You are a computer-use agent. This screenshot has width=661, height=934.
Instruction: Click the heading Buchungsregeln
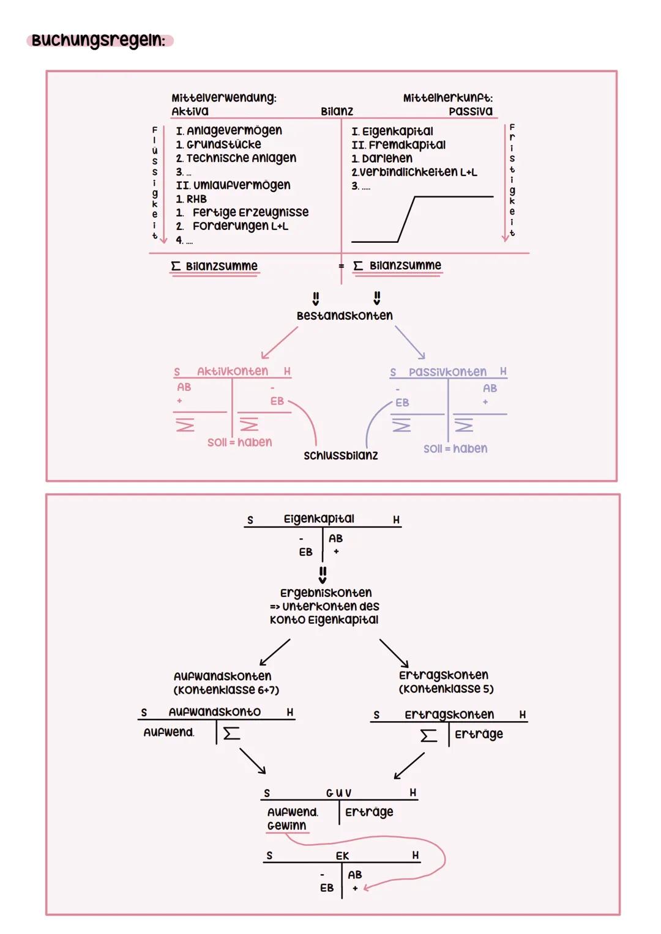click(99, 40)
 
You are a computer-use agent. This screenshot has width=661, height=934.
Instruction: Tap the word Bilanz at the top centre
click(337, 111)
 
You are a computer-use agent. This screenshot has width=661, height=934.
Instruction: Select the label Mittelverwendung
click(223, 98)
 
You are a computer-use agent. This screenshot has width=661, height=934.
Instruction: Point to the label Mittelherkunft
click(447, 98)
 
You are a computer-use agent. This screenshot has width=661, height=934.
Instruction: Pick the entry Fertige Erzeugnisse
click(250, 212)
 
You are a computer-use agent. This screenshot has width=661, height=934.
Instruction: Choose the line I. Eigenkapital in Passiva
click(392, 131)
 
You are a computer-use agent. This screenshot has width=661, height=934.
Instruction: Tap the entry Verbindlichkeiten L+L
click(415, 172)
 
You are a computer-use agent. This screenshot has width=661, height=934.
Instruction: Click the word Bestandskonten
click(345, 316)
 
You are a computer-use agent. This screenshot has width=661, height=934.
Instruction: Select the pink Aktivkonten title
click(233, 371)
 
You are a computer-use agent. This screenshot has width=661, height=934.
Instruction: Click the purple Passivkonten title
click(447, 372)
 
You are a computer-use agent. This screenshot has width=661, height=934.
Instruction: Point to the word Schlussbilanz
click(341, 456)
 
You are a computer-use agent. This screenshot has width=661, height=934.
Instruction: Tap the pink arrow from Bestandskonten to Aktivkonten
click(280, 343)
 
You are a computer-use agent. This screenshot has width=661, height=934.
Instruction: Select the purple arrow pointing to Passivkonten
click(410, 343)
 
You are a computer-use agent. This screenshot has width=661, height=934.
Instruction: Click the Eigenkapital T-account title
click(319, 519)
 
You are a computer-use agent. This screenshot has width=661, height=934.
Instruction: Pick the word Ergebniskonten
click(326, 593)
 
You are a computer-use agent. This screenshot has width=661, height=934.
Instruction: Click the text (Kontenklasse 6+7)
click(226, 690)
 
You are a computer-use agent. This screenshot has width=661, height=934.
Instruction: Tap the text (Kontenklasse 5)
click(446, 689)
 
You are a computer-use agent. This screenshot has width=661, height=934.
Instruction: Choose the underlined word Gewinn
click(286, 826)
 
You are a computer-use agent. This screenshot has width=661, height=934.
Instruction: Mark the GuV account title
click(339, 793)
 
